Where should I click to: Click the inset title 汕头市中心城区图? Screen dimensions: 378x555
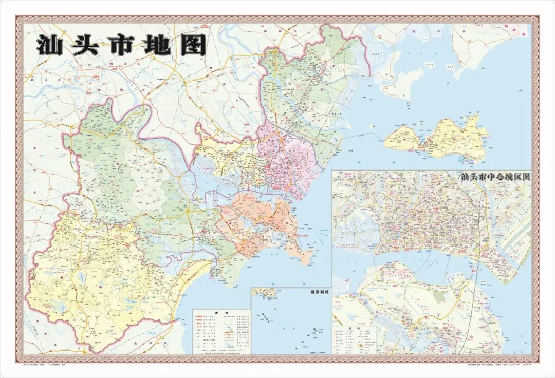pos(495,177)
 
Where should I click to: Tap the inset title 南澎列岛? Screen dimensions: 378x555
pos(319,292)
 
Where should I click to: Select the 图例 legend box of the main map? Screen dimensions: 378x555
pos(221,331)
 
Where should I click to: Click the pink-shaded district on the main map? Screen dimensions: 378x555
pos(288,159)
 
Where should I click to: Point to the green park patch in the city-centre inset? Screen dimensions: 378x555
pos(440,297)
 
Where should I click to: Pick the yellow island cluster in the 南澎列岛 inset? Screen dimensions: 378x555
pos(265,293)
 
